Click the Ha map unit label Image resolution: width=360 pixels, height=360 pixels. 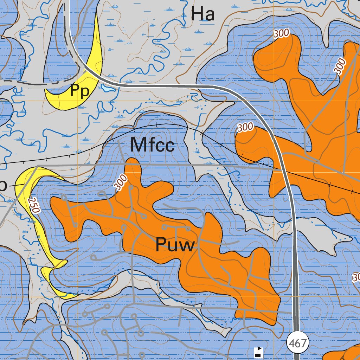pos(203,14)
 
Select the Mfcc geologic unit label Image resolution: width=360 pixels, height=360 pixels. pos(152,145)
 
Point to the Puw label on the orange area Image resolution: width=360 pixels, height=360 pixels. pos(175,245)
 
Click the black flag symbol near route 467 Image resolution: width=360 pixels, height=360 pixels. pos(259,351)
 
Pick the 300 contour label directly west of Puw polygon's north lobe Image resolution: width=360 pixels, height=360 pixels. pos(121,182)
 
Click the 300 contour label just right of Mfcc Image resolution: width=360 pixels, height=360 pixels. pos(245,127)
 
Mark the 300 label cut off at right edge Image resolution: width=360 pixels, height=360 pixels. pos(356,278)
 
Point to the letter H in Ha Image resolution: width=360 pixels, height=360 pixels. pos(197,14)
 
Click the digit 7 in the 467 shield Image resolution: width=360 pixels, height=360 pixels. pos(303,343)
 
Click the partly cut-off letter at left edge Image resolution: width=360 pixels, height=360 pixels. pos(3,187)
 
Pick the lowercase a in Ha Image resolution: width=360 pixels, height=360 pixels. pos(210,16)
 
